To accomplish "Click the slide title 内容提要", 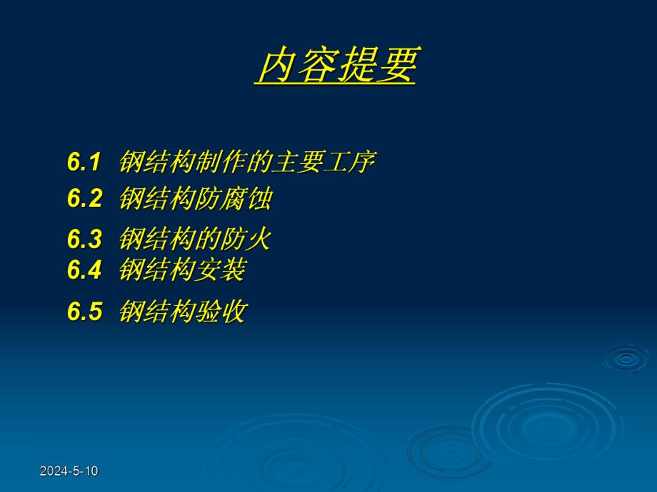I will pyautogui.click(x=336, y=66).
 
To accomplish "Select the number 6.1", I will pyautogui.click(x=85, y=163).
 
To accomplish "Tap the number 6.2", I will pyautogui.click(x=85, y=199).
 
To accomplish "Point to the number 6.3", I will pyautogui.click(x=85, y=239).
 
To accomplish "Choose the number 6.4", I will pyautogui.click(x=85, y=270).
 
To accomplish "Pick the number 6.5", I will pyautogui.click(x=85, y=312).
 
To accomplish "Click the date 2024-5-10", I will pyautogui.click(x=69, y=471).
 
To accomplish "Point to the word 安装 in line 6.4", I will pyautogui.click(x=221, y=270).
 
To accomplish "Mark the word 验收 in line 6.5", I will pyautogui.click(x=221, y=312).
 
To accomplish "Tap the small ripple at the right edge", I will pyautogui.click(x=626, y=359).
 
